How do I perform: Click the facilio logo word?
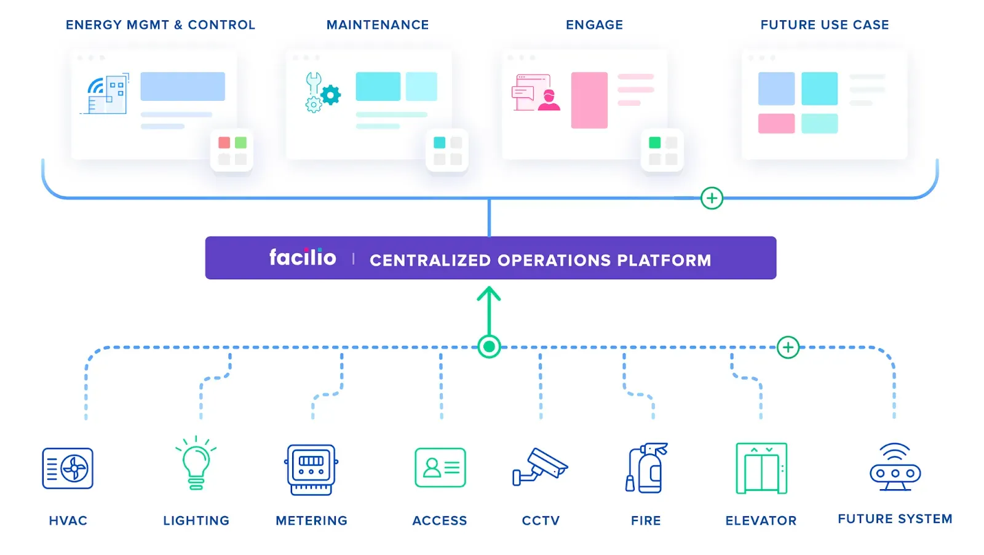pyautogui.click(x=303, y=257)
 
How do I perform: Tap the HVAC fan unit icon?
pyautogui.click(x=68, y=468)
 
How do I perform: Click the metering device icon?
pyautogui.click(x=311, y=469)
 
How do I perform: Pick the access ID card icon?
pyautogui.click(x=440, y=468)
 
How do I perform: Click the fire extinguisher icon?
pyautogui.click(x=646, y=468)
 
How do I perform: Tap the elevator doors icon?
pyautogui.click(x=761, y=468)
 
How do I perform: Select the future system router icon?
pyautogui.click(x=895, y=467)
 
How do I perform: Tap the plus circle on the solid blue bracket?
pyautogui.click(x=712, y=198)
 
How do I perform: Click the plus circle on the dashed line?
pyautogui.click(x=788, y=347)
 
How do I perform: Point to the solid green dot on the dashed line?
pyautogui.click(x=489, y=347)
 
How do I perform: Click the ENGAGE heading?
pyautogui.click(x=594, y=25)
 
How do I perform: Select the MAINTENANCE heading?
pyautogui.click(x=378, y=25)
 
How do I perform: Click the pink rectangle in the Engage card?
pyautogui.click(x=589, y=100)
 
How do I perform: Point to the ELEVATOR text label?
pyautogui.click(x=761, y=521)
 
